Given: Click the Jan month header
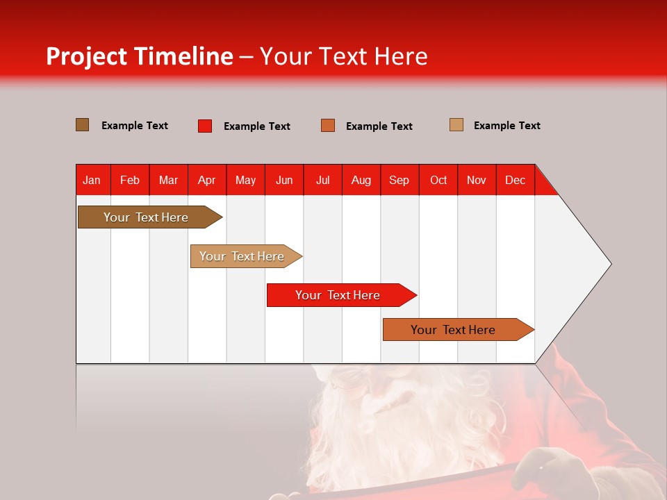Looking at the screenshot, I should (92, 180).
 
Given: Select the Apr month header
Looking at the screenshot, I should (206, 180).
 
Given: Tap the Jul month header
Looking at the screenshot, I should (322, 180).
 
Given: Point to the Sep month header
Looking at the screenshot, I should (399, 180).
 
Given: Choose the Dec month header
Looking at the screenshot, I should (515, 180).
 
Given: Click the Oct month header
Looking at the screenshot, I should (438, 180).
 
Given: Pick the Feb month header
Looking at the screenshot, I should (130, 180).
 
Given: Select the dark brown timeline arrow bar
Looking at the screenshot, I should (146, 217).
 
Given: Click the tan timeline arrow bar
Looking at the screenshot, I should (243, 256).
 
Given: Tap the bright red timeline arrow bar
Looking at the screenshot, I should (338, 295).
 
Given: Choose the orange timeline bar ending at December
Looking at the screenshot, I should (455, 330).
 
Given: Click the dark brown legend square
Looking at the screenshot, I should (82, 125).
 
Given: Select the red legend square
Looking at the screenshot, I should (204, 126).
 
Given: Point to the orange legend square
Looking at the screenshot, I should (328, 126).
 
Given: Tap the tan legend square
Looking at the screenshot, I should (456, 125).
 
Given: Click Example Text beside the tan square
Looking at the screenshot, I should (507, 126).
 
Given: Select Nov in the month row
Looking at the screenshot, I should (477, 180).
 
